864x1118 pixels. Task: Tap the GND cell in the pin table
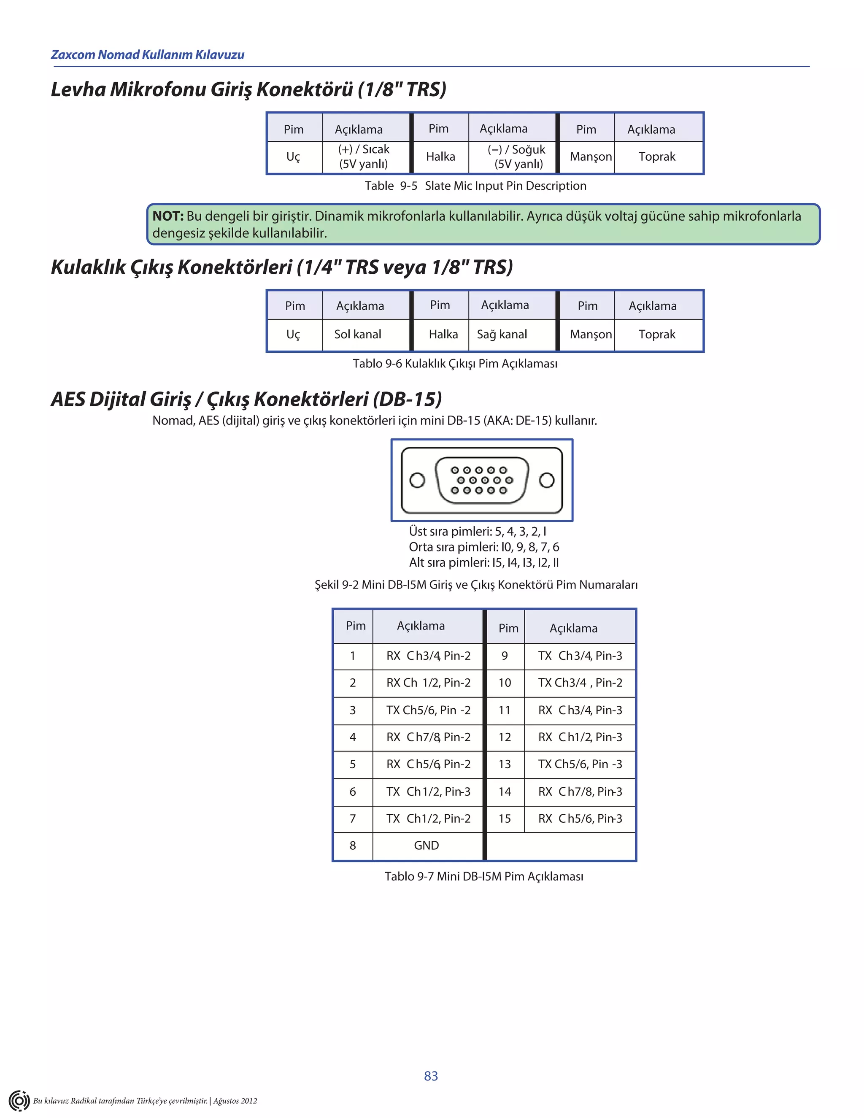point(427,845)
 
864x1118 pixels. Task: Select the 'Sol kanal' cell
point(358,334)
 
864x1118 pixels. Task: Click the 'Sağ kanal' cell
point(502,334)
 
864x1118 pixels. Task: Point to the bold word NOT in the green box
point(168,216)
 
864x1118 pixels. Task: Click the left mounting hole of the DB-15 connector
point(418,480)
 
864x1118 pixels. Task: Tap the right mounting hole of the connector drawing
point(547,480)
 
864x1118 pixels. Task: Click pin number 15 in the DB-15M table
point(505,818)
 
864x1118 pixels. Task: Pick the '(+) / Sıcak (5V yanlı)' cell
point(364,157)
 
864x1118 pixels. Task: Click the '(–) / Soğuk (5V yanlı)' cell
point(517,157)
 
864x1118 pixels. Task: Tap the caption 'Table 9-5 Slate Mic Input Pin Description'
point(475,186)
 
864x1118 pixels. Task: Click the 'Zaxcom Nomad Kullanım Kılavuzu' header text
point(148,55)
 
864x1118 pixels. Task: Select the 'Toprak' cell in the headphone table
point(657,334)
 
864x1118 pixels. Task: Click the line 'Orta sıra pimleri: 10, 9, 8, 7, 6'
point(484,547)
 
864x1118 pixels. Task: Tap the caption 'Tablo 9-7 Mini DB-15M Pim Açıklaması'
point(484,876)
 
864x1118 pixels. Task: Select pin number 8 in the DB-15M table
point(353,845)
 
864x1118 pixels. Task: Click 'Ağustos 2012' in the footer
point(235,1101)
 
